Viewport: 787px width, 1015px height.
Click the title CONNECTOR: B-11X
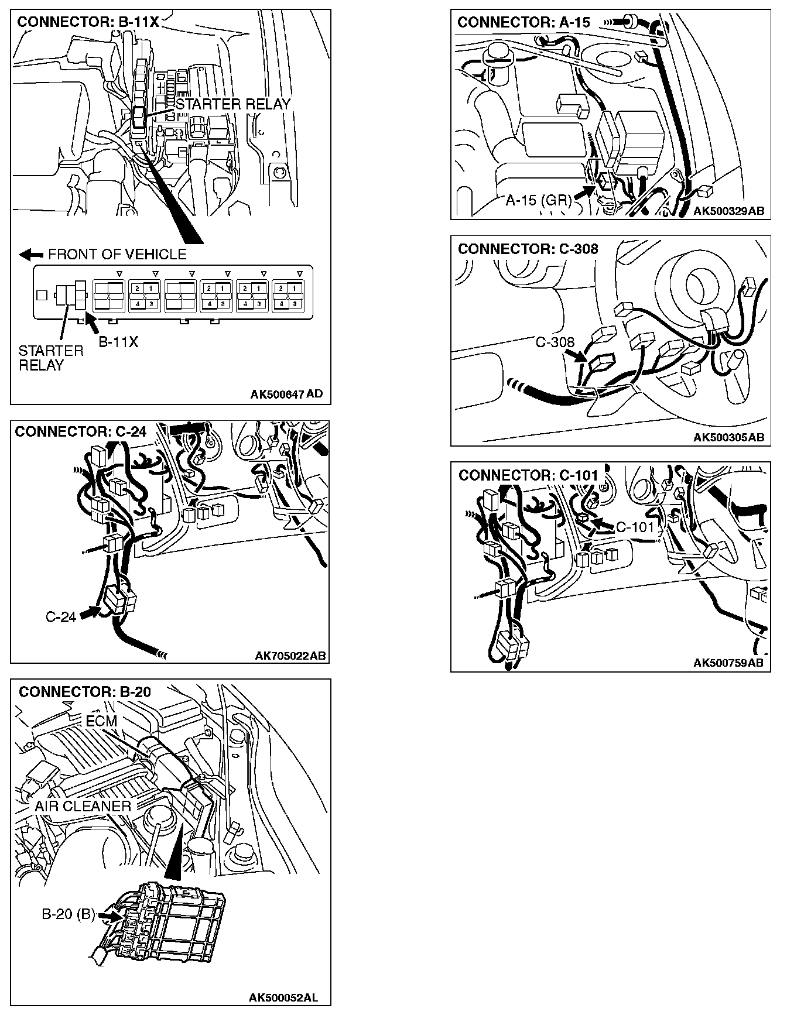pyautogui.click(x=88, y=22)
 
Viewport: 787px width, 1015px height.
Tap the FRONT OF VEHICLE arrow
pyautogui.click(x=31, y=255)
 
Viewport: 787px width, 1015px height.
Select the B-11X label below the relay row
pyautogui.click(x=118, y=342)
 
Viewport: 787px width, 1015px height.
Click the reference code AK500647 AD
pyautogui.click(x=286, y=394)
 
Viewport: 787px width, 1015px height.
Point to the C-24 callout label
pyautogui.click(x=61, y=617)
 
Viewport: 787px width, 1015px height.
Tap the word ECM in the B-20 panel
pyautogui.click(x=101, y=721)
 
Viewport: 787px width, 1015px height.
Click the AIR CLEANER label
pyautogui.click(x=83, y=806)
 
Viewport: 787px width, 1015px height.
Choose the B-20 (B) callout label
pyautogui.click(x=68, y=914)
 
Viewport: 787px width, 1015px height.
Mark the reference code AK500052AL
pyautogui.click(x=283, y=997)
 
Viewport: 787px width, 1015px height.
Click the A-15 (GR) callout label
pyautogui.click(x=538, y=200)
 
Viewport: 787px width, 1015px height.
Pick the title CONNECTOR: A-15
pyautogui.click(x=524, y=22)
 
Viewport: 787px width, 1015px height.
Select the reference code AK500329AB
pyautogui.click(x=728, y=211)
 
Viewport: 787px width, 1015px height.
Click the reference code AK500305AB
pyautogui.click(x=728, y=437)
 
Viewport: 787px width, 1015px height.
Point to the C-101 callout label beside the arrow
pyautogui.click(x=635, y=527)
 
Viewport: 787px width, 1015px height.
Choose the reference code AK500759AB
pyautogui.click(x=728, y=663)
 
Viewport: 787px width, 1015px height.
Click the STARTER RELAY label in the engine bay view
pyautogui.click(x=233, y=104)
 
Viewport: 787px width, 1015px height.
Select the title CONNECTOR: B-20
pyautogui.click(x=85, y=692)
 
